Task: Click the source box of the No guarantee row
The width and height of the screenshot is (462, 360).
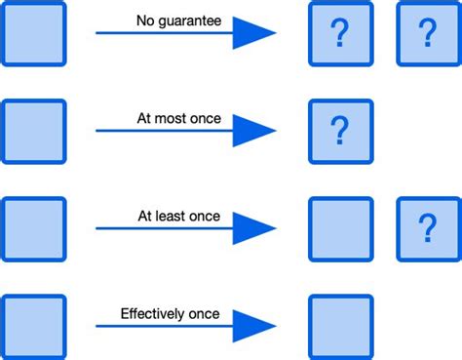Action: [x=34, y=34]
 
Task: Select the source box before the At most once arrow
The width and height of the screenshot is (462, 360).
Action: [x=34, y=131]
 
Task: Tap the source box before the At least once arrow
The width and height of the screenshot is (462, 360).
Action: [x=34, y=229]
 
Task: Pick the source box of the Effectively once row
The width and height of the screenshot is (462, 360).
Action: [x=34, y=327]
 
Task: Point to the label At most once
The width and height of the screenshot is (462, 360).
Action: [x=179, y=119]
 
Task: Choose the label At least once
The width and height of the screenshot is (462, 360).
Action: [x=179, y=217]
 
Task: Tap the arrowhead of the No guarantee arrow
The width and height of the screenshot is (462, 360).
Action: [x=253, y=34]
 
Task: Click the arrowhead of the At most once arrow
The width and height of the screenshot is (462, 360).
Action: [x=253, y=131]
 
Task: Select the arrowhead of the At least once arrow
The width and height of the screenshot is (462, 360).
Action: [x=253, y=229]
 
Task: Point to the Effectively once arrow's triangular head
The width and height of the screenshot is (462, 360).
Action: [x=253, y=327]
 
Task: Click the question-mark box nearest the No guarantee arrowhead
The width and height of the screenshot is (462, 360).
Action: [x=340, y=34]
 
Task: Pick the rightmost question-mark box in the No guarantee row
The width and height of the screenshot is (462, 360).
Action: [x=427, y=34]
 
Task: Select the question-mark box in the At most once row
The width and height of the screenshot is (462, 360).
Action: [x=340, y=131]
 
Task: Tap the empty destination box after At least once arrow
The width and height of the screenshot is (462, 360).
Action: [x=340, y=229]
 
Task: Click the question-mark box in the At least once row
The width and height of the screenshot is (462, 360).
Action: [x=427, y=229]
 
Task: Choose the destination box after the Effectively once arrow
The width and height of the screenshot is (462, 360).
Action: [x=340, y=327]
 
